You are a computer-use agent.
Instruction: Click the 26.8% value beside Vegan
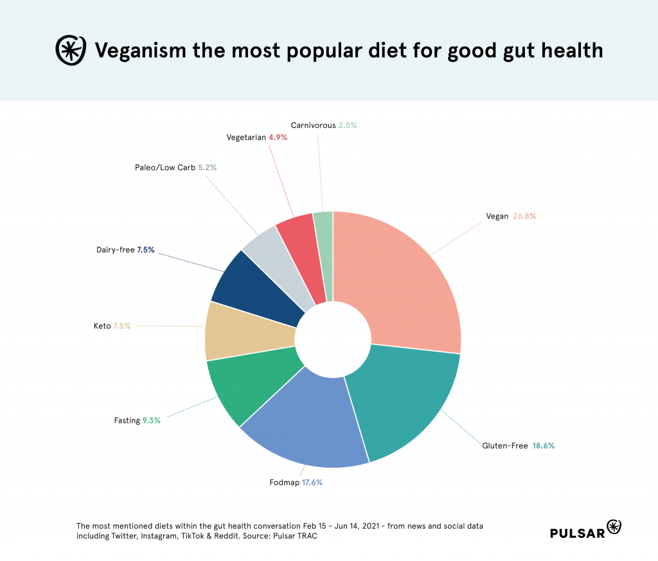524,217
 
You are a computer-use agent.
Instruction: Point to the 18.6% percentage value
543,445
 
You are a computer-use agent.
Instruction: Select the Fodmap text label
283,482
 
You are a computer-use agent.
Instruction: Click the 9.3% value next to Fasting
152,420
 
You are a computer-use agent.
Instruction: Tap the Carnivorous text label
313,125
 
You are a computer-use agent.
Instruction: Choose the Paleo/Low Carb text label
165,167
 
